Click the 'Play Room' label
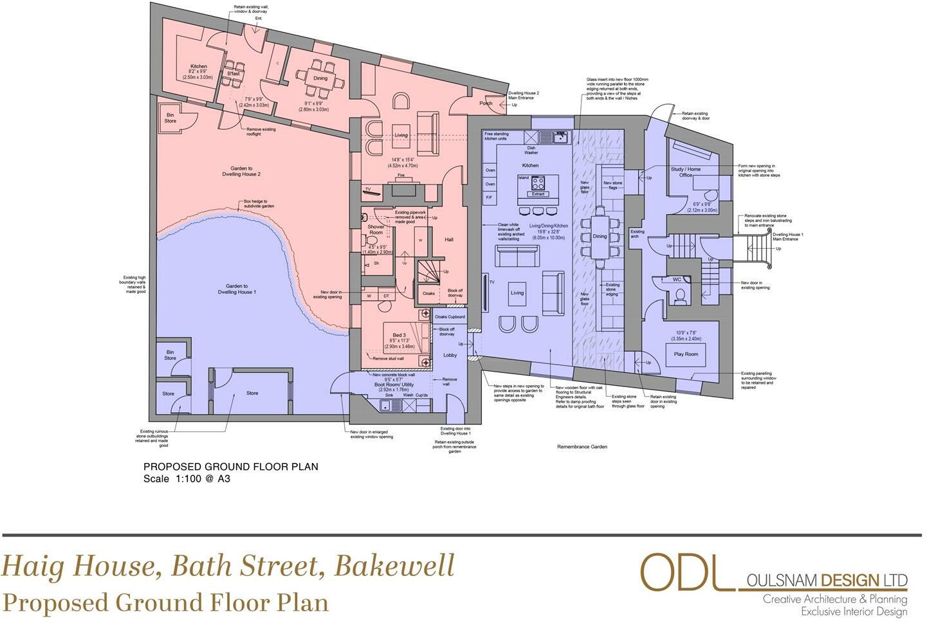(686, 354)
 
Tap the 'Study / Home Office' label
(685, 172)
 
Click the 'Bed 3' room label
(399, 335)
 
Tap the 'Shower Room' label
(376, 230)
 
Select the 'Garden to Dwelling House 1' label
(237, 289)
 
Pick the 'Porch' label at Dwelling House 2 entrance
(486, 104)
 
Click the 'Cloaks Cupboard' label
(450, 317)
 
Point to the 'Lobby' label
(450, 355)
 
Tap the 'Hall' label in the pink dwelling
(449, 239)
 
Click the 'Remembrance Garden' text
(582, 447)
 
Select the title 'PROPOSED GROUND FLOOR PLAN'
(230, 467)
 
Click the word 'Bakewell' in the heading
(394, 566)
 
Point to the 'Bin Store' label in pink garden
(170, 118)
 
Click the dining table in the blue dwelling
(600, 237)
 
